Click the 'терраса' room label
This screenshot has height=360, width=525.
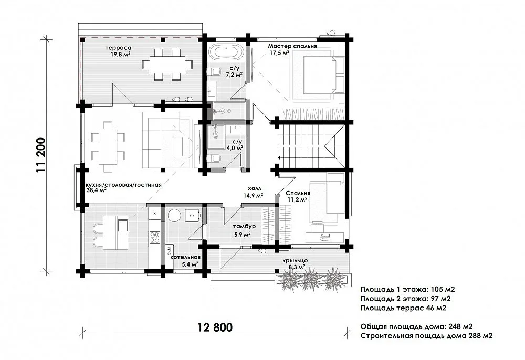[118, 48]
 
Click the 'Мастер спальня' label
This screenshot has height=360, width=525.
[292, 46]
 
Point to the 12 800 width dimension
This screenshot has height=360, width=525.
[215, 327]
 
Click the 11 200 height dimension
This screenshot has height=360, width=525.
[41, 155]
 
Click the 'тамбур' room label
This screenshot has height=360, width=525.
[245, 227]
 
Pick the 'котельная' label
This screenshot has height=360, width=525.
[185, 257]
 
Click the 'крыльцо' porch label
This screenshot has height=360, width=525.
[295, 261]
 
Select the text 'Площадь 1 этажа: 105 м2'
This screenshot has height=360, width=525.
[408, 289]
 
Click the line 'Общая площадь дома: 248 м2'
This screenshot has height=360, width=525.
[416, 326]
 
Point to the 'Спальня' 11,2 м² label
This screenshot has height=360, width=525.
[298, 194]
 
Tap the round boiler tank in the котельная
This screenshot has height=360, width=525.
[174, 215]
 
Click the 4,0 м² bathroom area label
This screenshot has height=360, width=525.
[235, 147]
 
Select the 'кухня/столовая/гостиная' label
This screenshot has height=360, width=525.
[124, 185]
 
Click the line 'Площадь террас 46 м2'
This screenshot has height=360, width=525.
[403, 308]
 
